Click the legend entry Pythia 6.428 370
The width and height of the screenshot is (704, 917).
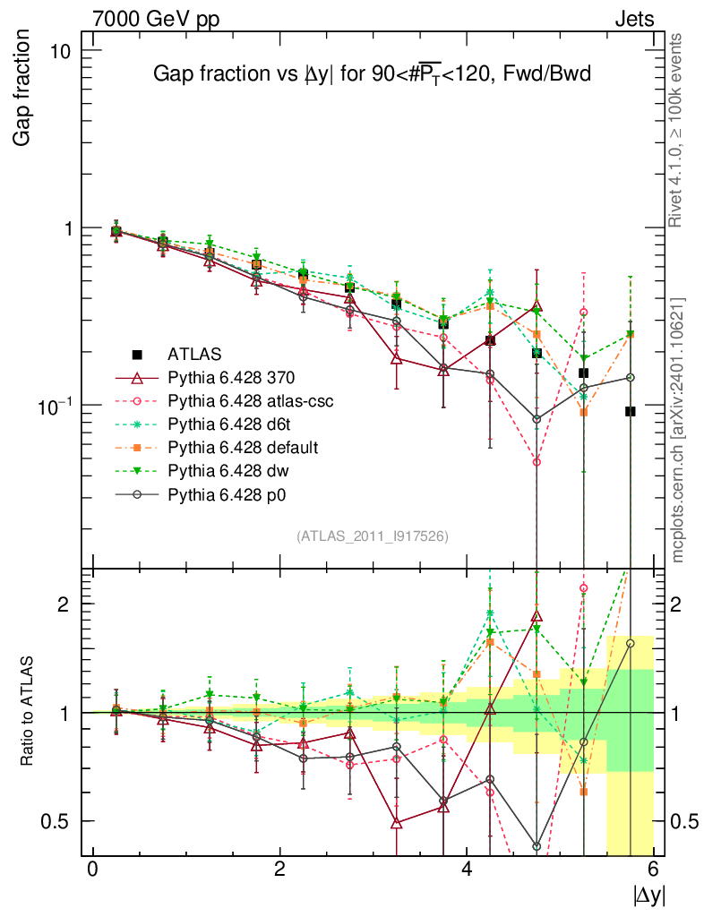[x=236, y=378]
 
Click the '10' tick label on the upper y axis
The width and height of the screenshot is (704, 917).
[x=60, y=50]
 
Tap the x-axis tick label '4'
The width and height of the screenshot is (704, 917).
[x=467, y=870]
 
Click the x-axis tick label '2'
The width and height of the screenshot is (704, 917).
[x=279, y=870]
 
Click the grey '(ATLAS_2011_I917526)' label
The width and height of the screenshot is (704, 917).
[x=373, y=536]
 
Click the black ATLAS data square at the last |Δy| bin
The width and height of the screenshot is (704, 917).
[x=631, y=411]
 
